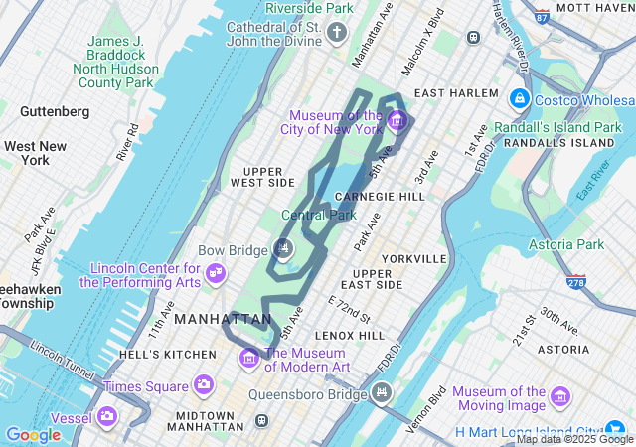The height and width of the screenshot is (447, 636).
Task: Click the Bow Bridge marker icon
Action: click(285, 249)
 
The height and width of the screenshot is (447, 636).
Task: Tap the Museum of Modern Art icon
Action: click(249, 358)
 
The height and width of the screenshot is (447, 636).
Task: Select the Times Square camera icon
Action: click(204, 385)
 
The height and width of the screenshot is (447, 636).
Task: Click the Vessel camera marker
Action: click(105, 417)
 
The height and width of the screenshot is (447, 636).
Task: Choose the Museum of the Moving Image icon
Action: click(560, 399)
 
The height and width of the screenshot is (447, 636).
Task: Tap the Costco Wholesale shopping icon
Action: click(518, 100)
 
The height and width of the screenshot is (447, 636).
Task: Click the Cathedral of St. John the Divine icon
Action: click(337, 35)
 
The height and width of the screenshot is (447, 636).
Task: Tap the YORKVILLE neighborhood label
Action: click(412, 258)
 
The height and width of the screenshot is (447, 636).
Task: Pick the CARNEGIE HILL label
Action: click(388, 197)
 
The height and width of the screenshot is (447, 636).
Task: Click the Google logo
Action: click(33, 435)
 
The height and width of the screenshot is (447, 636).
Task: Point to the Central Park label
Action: click(318, 215)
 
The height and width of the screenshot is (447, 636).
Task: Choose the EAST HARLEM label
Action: click(456, 93)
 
